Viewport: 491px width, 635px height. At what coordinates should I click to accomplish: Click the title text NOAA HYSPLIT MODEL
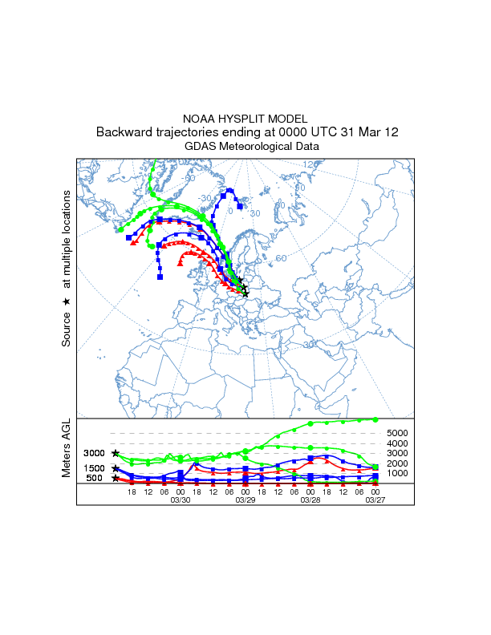(x=245, y=118)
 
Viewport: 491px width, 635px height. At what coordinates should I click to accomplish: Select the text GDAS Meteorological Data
(x=245, y=147)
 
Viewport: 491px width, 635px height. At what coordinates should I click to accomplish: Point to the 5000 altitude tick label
(x=398, y=433)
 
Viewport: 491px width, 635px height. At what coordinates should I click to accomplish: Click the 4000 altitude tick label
(x=398, y=443)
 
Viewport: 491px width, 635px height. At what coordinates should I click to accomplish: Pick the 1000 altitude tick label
(x=398, y=473)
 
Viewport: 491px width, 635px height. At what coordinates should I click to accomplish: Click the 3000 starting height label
(x=94, y=454)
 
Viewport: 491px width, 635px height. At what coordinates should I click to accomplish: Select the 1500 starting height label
(x=94, y=468)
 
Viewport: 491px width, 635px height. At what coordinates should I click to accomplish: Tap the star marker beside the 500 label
(x=116, y=479)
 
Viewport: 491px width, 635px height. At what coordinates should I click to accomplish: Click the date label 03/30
(x=181, y=500)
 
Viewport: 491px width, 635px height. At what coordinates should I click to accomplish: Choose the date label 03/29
(x=245, y=500)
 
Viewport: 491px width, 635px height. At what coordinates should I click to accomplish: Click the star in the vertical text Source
(x=67, y=301)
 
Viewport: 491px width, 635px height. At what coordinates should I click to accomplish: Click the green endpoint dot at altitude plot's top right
(x=375, y=419)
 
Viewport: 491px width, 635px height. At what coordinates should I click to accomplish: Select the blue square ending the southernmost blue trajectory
(x=160, y=277)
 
